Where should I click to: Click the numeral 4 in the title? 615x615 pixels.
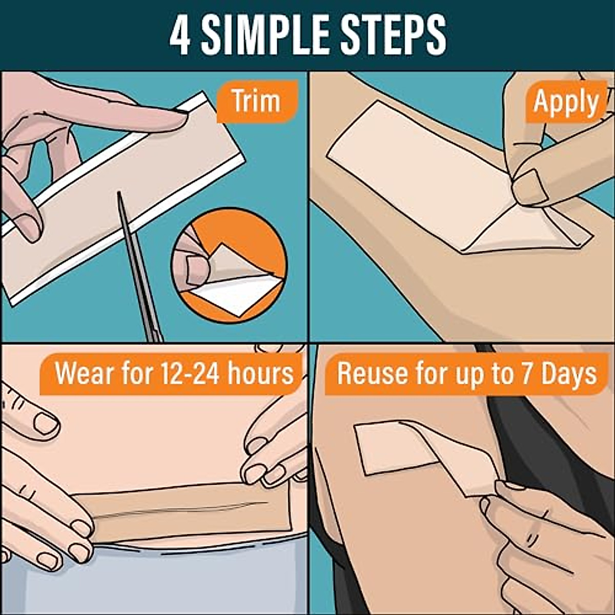tap(180, 35)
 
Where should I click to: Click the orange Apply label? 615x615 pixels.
tap(565, 102)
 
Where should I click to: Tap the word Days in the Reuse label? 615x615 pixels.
tap(569, 374)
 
